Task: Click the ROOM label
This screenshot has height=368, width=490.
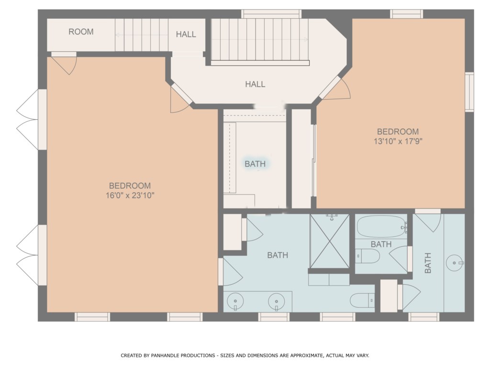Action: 81,32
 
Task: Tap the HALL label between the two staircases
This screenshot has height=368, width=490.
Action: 186,34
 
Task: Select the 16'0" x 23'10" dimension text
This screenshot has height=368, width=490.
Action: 130,195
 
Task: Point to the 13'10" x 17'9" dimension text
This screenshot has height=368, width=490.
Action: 398,141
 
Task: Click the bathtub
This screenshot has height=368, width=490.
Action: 381,227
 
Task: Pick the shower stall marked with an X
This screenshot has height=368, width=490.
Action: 329,241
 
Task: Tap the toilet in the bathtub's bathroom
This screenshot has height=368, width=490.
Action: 367,256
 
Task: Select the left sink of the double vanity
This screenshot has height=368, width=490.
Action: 235,301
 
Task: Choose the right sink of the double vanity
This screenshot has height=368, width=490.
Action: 277,301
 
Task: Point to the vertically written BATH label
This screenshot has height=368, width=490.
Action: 427,263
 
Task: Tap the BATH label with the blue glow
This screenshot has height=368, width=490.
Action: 255,164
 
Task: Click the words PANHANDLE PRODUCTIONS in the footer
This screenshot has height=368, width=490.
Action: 183,356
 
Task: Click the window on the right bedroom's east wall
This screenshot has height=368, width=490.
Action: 469,92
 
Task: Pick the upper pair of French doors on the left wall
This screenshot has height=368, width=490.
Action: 31,119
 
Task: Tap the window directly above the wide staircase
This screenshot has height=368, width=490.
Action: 271,14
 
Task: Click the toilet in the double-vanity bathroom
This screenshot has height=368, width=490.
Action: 362,301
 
